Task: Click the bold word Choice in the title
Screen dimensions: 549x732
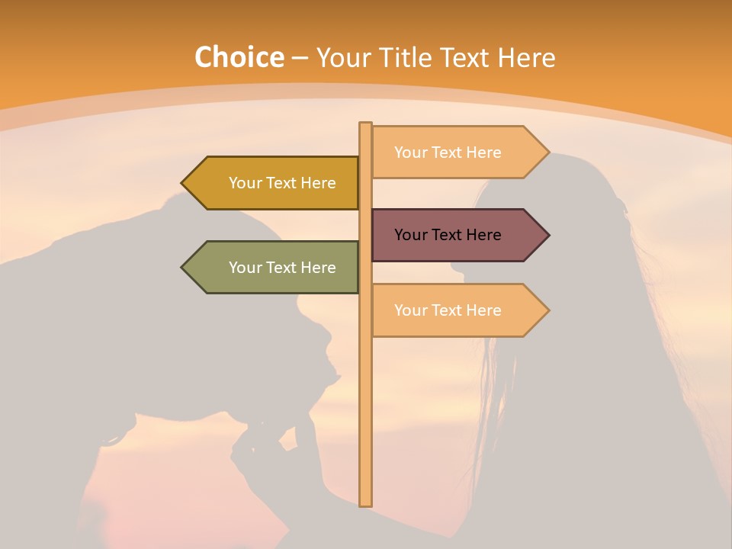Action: (239, 57)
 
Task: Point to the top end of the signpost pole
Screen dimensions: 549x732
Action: (366, 124)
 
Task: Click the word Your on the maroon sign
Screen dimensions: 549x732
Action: (410, 235)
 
